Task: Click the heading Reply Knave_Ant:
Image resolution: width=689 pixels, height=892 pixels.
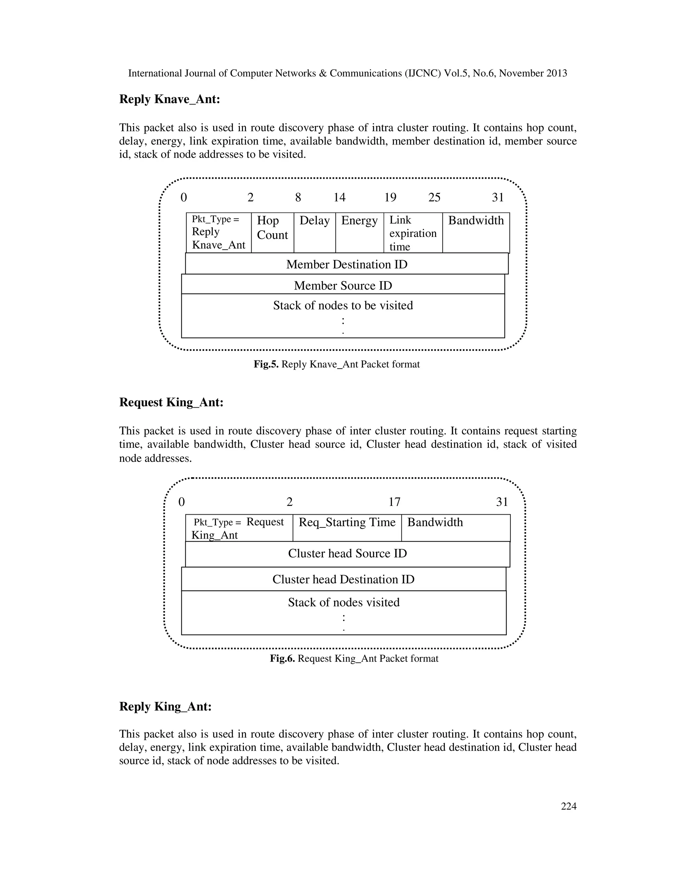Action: pyautogui.click(x=170, y=99)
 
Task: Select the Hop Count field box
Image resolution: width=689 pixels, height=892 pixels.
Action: pyautogui.click(x=272, y=232)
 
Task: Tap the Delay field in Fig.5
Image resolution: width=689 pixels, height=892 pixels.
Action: pyautogui.click(x=314, y=232)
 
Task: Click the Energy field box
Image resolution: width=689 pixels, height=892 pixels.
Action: pyautogui.click(x=359, y=232)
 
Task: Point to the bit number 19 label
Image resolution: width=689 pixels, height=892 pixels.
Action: pyautogui.click(x=390, y=198)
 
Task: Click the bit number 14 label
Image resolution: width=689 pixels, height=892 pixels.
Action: pyautogui.click(x=339, y=198)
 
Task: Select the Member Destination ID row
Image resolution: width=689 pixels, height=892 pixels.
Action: pyautogui.click(x=347, y=264)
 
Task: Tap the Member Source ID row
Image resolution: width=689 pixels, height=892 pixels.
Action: pyautogui.click(x=343, y=285)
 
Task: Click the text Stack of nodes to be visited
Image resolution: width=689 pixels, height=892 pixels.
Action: pyautogui.click(x=343, y=306)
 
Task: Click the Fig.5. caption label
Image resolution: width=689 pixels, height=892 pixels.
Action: pyautogui.click(x=266, y=364)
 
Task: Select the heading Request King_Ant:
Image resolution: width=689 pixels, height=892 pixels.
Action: pyautogui.click(x=171, y=402)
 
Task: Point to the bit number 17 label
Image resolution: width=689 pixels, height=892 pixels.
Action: pyautogui.click(x=394, y=502)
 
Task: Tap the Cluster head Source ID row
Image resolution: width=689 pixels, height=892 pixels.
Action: pyautogui.click(x=347, y=554)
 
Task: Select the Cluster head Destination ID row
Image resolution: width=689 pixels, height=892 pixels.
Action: pyautogui.click(x=343, y=579)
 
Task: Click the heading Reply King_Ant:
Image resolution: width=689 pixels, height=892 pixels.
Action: pyautogui.click(x=165, y=707)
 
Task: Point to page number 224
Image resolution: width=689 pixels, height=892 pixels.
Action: pyautogui.click(x=569, y=806)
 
